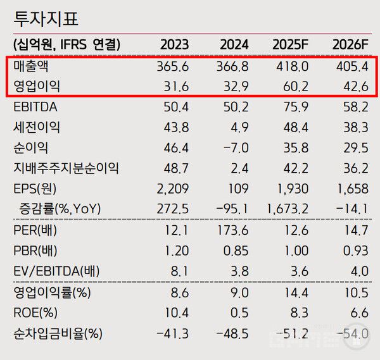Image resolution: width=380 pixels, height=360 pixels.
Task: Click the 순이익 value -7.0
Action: point(234,148)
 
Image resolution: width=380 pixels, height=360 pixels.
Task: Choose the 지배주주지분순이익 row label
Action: point(66,168)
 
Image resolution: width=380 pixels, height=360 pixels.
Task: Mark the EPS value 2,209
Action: point(172,189)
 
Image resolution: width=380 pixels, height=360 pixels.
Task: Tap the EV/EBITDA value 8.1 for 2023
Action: point(178,271)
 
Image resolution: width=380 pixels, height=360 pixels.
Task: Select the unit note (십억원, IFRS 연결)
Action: point(66,45)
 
